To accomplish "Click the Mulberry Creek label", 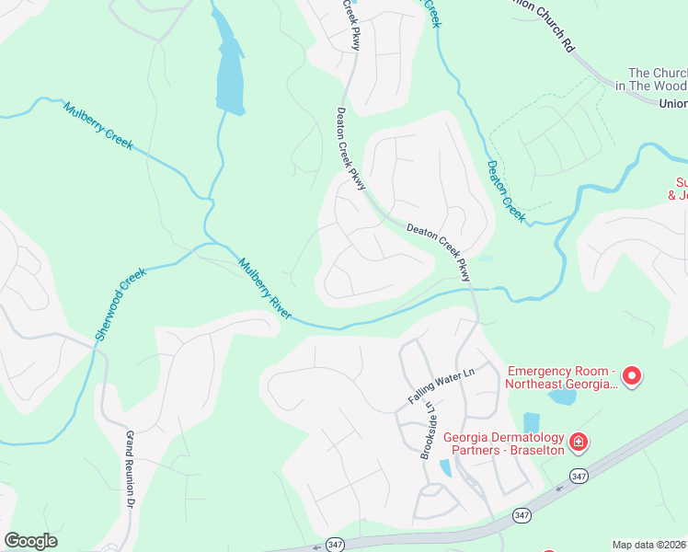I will (x=98, y=126).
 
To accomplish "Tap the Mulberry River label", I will (x=265, y=289).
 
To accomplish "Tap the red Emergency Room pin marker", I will (x=632, y=375).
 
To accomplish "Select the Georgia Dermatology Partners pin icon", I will (x=579, y=443).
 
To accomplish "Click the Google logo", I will (x=30, y=541).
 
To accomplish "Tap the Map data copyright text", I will (x=649, y=545).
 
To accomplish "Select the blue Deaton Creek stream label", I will (x=506, y=191).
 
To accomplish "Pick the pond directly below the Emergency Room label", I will (x=561, y=397).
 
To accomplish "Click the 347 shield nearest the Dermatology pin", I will (x=578, y=476).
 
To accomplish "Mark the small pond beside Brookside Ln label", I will (x=446, y=467).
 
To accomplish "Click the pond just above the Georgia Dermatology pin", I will (x=532, y=421).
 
